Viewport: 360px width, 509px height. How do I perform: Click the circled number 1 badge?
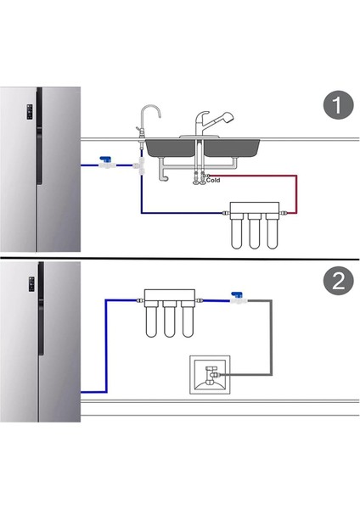[338, 105]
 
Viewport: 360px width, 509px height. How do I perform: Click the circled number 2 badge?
[338, 281]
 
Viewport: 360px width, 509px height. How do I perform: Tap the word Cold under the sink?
[213, 180]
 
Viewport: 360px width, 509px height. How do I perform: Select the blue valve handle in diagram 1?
[105, 159]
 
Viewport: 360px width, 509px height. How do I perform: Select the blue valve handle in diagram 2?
[237, 294]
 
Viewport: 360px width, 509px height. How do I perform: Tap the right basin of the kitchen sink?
[231, 148]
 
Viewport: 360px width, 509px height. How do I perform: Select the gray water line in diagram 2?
[271, 338]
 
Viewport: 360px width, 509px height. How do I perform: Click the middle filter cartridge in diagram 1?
[255, 231]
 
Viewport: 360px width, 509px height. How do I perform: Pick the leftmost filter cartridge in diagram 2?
[151, 319]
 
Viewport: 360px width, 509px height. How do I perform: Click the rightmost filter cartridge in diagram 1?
[272, 231]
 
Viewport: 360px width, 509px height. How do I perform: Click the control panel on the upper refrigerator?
[30, 112]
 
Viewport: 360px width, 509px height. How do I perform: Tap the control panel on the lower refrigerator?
[31, 284]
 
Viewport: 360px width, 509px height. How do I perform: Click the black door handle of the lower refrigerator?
[41, 309]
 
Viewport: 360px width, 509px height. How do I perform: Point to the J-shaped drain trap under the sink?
[163, 172]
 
